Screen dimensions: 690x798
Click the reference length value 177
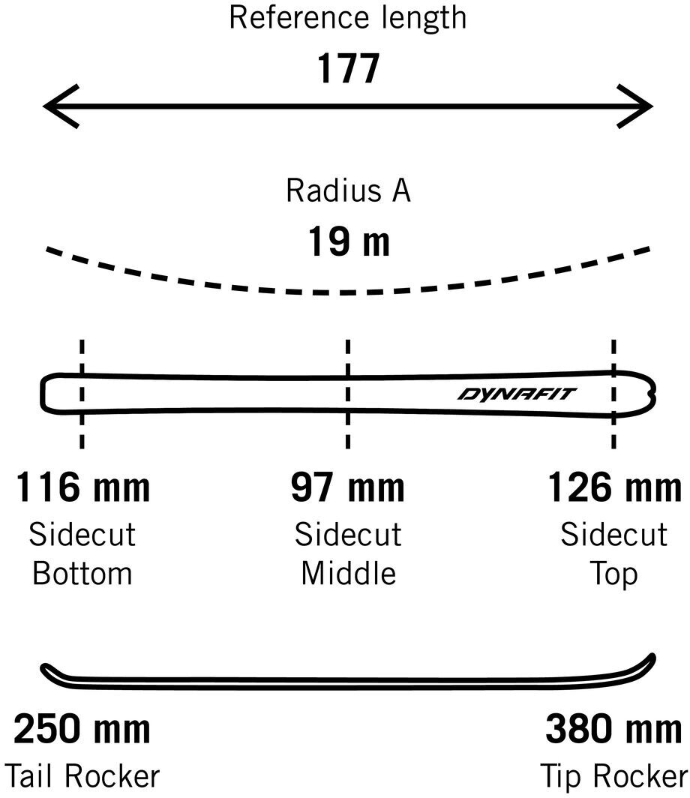pyautogui.click(x=348, y=70)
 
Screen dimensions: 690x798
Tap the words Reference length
pyautogui.click(x=347, y=17)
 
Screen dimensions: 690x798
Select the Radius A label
pyautogui.click(x=348, y=190)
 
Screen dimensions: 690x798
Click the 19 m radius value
pyautogui.click(x=348, y=242)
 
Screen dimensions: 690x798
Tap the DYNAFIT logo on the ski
pyautogui.click(x=517, y=394)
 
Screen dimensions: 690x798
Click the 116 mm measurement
pyautogui.click(x=82, y=487)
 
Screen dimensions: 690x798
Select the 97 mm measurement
pyautogui.click(x=347, y=487)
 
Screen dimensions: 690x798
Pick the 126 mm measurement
pyautogui.click(x=614, y=487)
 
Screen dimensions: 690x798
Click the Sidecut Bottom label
pyautogui.click(x=82, y=554)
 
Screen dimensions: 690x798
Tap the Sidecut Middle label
pyautogui.click(x=347, y=554)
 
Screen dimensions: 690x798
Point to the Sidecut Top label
pyautogui.click(x=614, y=554)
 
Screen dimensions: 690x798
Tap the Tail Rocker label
pyautogui.click(x=82, y=775)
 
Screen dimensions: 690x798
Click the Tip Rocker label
pyautogui.click(x=614, y=775)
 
